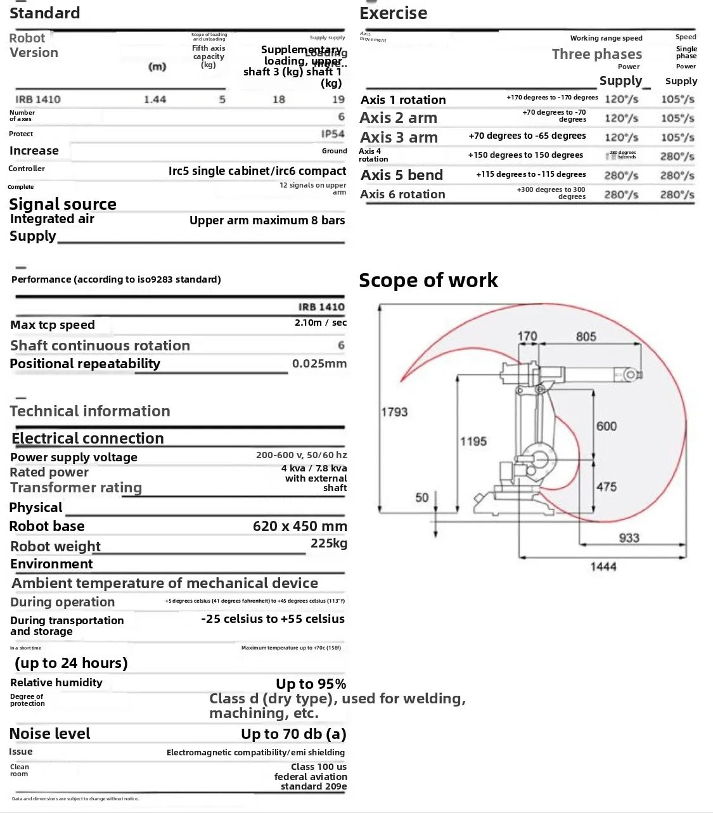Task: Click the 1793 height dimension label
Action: click(x=394, y=412)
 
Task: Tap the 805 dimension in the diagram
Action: click(x=586, y=336)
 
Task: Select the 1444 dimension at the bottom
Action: click(x=603, y=567)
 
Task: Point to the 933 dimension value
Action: click(x=629, y=538)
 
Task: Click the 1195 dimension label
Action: click(x=473, y=441)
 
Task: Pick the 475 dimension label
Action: click(x=606, y=487)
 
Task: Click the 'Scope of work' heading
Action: click(x=428, y=280)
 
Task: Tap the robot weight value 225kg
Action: click(x=328, y=543)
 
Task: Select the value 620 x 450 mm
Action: click(x=300, y=526)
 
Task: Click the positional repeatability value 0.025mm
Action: click(x=319, y=364)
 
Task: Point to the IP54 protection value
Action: click(x=333, y=134)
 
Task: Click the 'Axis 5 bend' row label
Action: click(x=402, y=175)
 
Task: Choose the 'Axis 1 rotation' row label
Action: click(x=403, y=99)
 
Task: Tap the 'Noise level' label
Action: click(x=50, y=734)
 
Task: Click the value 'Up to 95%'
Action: click(x=311, y=684)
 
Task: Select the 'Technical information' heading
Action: click(x=90, y=411)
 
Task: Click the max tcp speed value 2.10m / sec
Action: click(x=321, y=323)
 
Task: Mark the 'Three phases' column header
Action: click(x=596, y=54)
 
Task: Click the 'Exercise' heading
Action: click(x=393, y=13)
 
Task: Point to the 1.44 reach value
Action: click(x=155, y=99)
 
